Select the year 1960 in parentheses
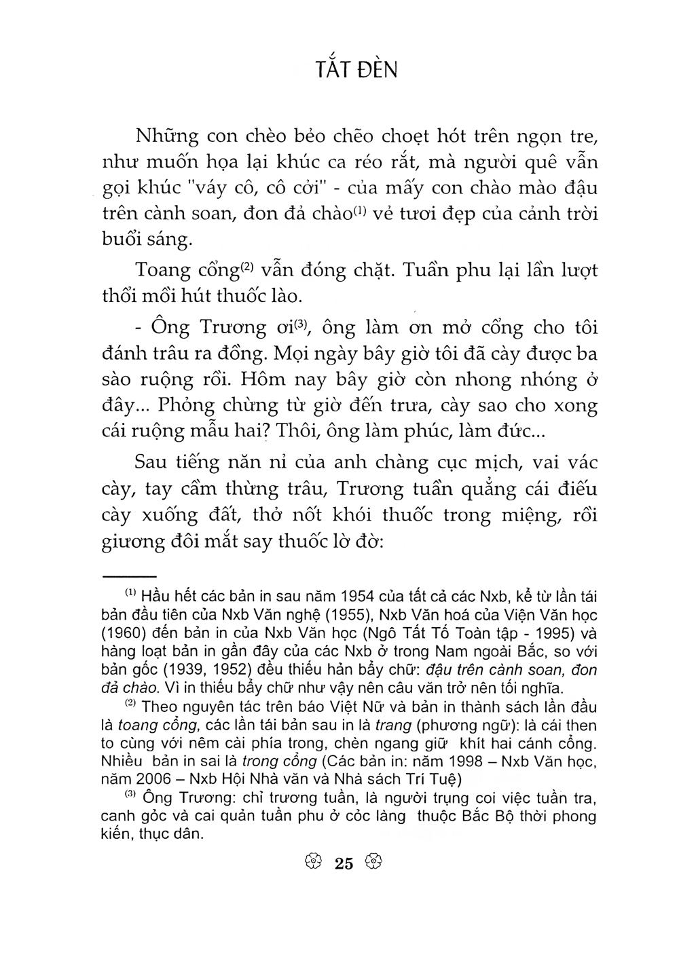(124, 634)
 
